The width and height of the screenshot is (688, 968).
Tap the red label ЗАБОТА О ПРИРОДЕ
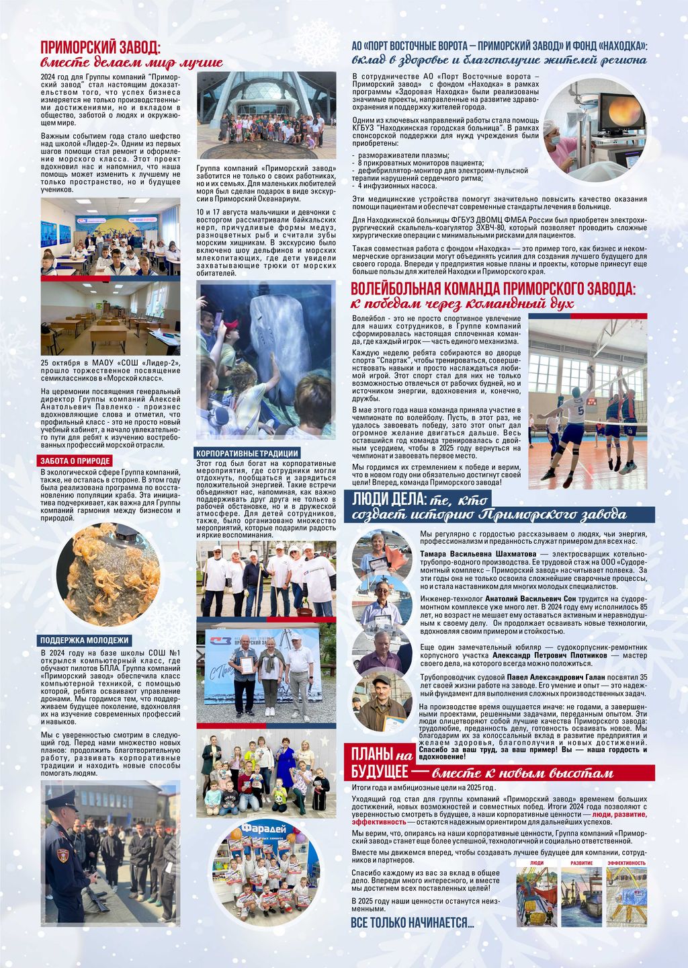coord(75,460)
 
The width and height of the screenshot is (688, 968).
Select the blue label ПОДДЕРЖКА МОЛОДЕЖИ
coord(84,640)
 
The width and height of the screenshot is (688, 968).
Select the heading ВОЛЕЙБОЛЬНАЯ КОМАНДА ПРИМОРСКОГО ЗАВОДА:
coord(493,289)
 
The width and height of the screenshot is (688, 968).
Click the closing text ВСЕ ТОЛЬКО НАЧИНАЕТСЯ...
coord(412,923)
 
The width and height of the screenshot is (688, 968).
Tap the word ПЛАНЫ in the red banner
coord(372,753)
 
